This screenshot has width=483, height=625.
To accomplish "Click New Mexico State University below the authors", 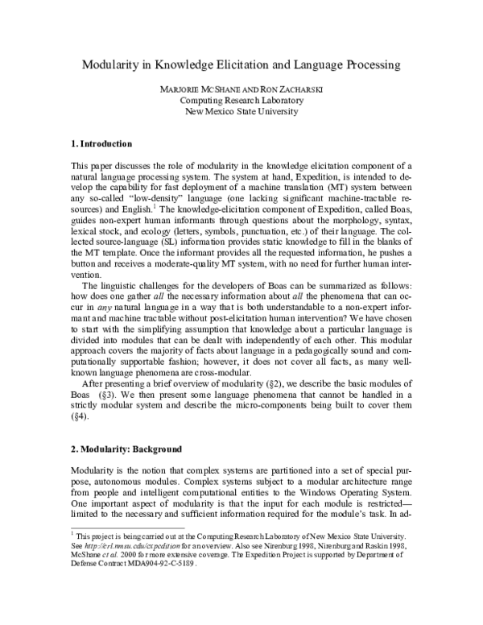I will click(x=242, y=111).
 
